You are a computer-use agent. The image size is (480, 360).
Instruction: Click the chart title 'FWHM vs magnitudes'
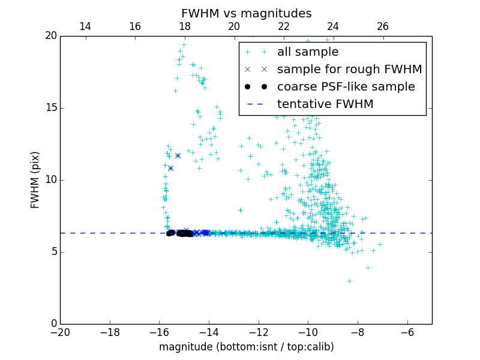click(246, 13)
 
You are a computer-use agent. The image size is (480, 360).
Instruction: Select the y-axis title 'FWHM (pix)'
click(35, 179)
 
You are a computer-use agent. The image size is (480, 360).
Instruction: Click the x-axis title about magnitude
click(246, 347)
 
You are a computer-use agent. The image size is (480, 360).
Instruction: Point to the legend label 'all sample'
click(308, 52)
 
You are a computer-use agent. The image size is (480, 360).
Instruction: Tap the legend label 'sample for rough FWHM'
click(349, 70)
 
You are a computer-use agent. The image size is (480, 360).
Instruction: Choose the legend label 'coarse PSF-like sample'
click(346, 87)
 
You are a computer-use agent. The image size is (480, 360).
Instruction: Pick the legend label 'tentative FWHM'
click(325, 104)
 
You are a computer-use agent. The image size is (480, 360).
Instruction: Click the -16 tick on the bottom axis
click(159, 332)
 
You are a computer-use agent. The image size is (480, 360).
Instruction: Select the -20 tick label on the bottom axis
click(60, 332)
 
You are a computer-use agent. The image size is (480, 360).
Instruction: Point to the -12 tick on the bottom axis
click(258, 332)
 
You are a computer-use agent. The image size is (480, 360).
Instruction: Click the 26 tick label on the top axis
click(382, 26)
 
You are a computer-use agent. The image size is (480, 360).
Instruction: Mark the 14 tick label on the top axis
click(85, 26)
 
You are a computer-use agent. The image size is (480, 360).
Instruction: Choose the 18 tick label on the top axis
click(184, 26)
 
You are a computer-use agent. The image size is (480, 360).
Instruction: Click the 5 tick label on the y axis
click(53, 252)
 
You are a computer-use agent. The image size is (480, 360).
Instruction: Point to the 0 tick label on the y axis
click(53, 324)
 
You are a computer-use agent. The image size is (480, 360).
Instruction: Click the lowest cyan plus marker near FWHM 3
click(349, 281)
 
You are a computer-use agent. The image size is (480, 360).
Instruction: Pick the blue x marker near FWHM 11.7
click(178, 155)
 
